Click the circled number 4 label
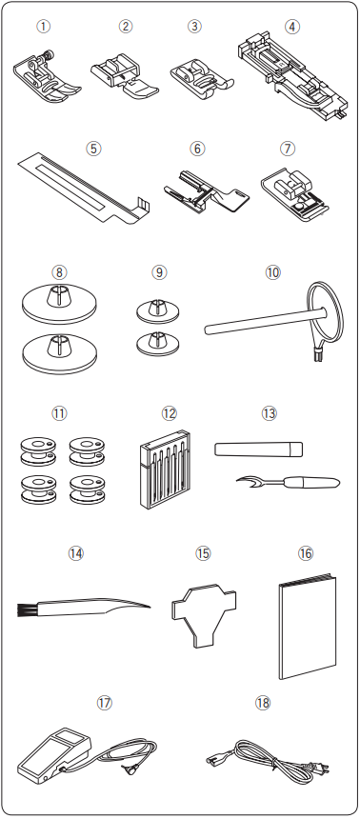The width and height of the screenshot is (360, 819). pyautogui.click(x=292, y=26)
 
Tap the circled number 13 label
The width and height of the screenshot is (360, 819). pyautogui.click(x=269, y=413)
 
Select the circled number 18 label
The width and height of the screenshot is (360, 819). pyautogui.click(x=263, y=703)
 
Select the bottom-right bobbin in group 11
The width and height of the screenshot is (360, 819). pyautogui.click(x=86, y=489)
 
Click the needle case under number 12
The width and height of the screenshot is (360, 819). pyautogui.click(x=165, y=469)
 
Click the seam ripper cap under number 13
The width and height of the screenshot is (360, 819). pyautogui.click(x=259, y=449)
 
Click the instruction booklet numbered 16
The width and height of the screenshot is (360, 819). pyautogui.click(x=307, y=628)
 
